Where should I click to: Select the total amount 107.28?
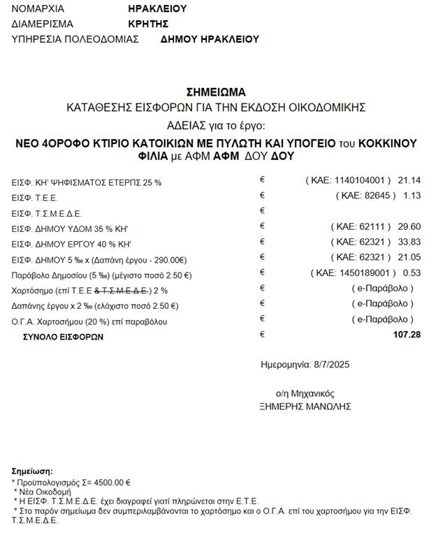pyautogui.click(x=407, y=335)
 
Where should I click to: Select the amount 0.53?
pyautogui.click(x=412, y=273)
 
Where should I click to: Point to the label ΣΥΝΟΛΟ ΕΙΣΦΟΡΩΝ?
pyautogui.click(x=63, y=337)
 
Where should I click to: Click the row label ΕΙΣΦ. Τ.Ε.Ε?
pyautogui.click(x=35, y=198)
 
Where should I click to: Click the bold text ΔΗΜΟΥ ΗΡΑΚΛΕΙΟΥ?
pyautogui.click(x=210, y=39)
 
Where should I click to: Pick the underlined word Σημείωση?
pyautogui.click(x=32, y=472)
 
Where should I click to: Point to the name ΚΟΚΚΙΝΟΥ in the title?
pyautogui.click(x=387, y=143)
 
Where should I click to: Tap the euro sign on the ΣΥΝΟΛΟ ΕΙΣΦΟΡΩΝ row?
pyautogui.click(x=263, y=334)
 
